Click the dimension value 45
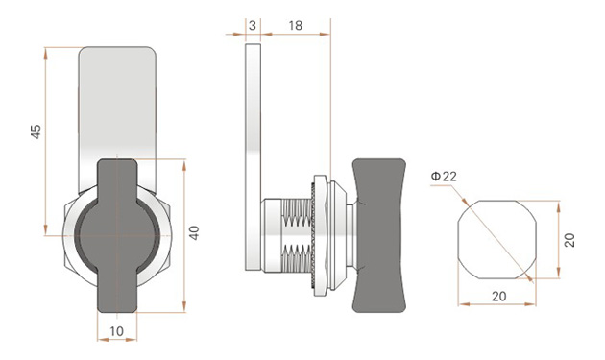tap(36, 132)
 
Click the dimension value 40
tap(194, 232)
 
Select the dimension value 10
tap(116, 331)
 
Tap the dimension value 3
tap(253, 26)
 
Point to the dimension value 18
tap(295, 26)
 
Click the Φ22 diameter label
tap(444, 177)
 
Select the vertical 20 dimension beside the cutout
tap(569, 240)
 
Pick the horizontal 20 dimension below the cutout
tap(499, 297)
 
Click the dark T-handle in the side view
tap(379, 235)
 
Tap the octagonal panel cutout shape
tap(497, 240)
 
